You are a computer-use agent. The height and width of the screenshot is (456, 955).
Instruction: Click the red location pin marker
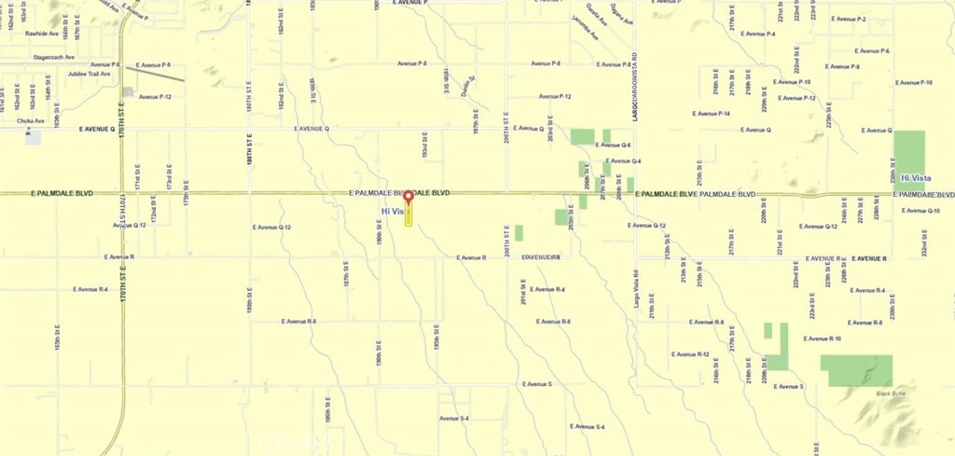pyautogui.click(x=408, y=197)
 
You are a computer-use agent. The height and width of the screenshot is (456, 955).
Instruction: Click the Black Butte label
pyautogui.click(x=891, y=394)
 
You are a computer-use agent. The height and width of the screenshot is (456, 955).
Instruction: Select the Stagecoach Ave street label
pyautogui.click(x=53, y=57)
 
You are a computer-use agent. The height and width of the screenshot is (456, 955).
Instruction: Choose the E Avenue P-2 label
pyautogui.click(x=849, y=19)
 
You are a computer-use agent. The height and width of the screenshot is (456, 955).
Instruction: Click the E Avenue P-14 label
pyautogui.click(x=711, y=114)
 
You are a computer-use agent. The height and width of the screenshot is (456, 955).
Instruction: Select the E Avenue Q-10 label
pyautogui.click(x=920, y=211)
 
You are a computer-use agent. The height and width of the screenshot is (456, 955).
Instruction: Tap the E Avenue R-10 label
pyautogui.click(x=823, y=339)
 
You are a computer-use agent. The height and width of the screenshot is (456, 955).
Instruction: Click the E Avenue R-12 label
pyautogui.click(x=691, y=354)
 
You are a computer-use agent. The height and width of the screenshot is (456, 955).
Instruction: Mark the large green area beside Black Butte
pyautogui.click(x=856, y=370)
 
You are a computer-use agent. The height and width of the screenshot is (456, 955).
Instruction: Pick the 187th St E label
pyautogui.click(x=346, y=274)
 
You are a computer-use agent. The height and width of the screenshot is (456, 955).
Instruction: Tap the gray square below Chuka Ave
pyautogui.click(x=34, y=138)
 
